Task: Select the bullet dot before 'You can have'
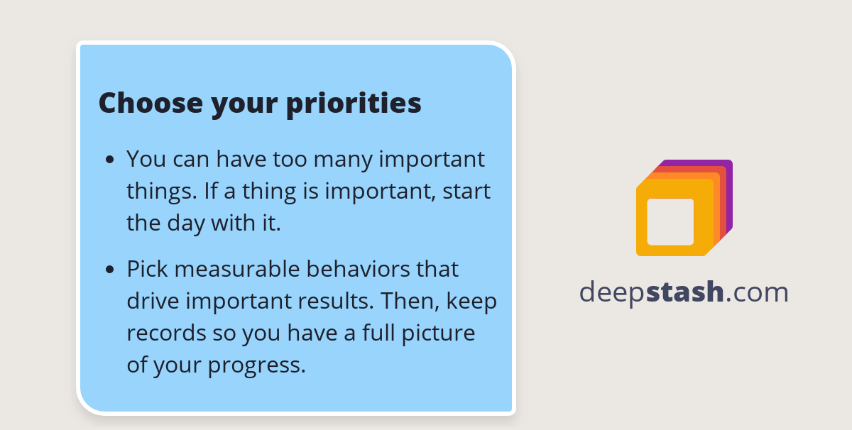coord(109,160)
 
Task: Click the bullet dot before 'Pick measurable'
coord(109,270)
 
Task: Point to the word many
coord(344,159)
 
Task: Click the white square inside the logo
coord(670,221)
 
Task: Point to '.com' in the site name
coord(757,292)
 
